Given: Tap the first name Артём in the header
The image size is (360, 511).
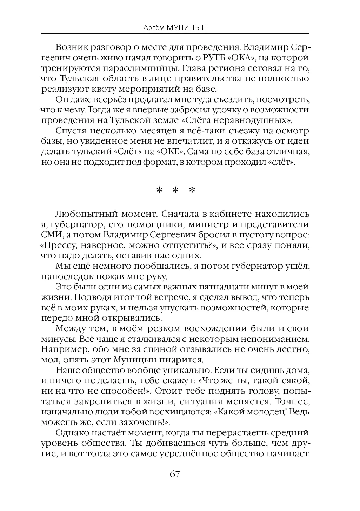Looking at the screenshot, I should [156, 28].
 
